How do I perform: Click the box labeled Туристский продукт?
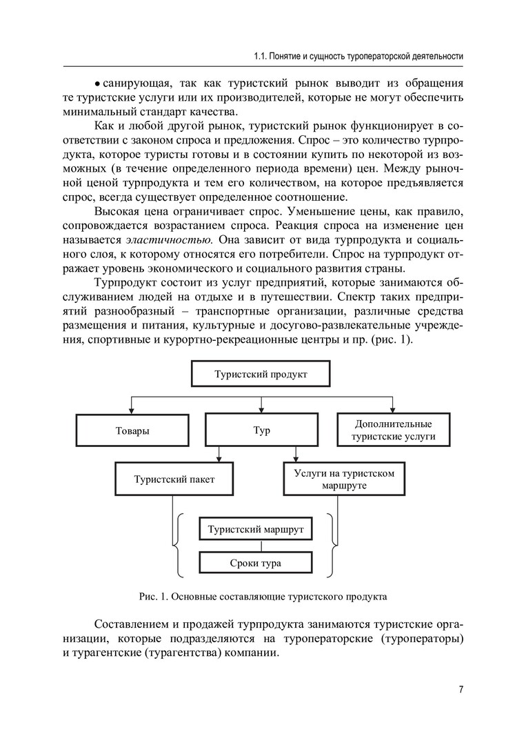click(261, 374)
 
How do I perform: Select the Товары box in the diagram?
click(132, 430)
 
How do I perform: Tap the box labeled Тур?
click(262, 430)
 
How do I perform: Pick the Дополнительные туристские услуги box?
click(394, 430)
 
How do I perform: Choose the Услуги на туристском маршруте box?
click(344, 479)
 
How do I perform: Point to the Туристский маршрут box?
click(256, 530)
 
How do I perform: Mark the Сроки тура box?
click(256, 563)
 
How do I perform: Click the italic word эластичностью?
click(168, 239)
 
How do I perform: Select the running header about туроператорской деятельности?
click(358, 55)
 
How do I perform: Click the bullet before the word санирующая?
click(98, 84)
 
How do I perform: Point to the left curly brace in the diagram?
click(179, 545)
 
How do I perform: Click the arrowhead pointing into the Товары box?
click(132, 410)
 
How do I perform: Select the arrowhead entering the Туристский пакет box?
click(220, 459)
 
